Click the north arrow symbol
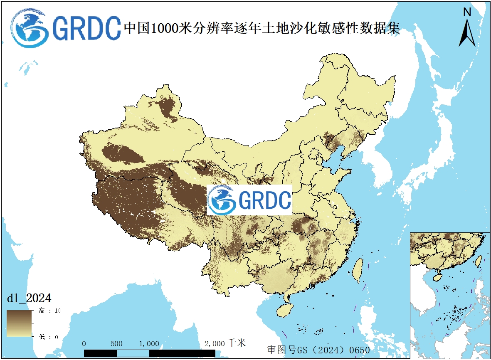[467, 33]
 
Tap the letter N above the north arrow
[467, 12]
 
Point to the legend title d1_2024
[29, 298]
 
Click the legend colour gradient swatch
[19, 323]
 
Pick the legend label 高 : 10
[50, 311]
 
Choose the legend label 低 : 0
[49, 336]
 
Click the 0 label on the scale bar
[84, 344]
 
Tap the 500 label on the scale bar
[117, 344]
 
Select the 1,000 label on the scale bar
[149, 344]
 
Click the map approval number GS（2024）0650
[318, 350]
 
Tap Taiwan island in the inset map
[478, 261]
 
